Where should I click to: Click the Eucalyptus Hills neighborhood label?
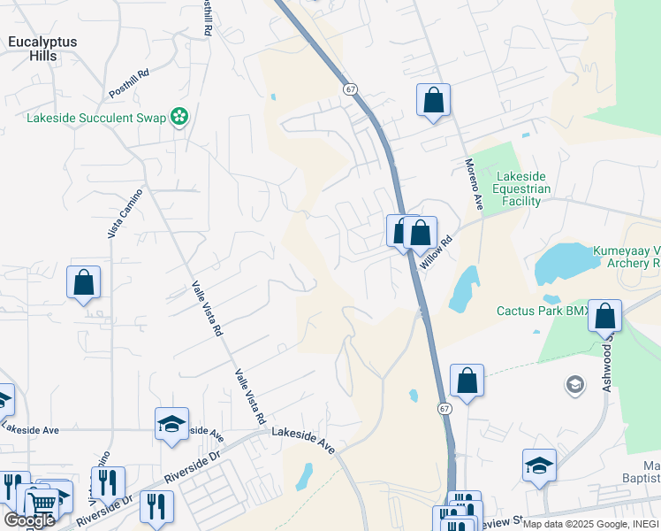click(42, 49)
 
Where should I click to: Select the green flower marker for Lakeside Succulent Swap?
click(179, 117)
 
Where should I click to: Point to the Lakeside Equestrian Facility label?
click(523, 189)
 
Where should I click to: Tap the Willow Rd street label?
click(436, 253)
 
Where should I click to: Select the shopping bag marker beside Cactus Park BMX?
click(605, 315)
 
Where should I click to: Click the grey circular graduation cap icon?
click(574, 385)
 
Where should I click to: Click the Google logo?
click(29, 520)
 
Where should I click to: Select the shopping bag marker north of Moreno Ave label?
click(433, 100)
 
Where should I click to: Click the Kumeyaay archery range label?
click(627, 257)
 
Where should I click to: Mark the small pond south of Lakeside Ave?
click(303, 477)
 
